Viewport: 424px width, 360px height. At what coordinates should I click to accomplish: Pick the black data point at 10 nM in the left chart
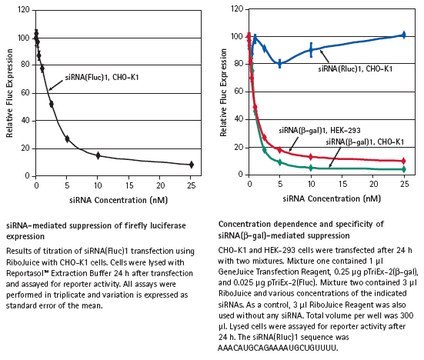pos(98,155)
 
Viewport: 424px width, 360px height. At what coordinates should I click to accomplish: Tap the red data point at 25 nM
pos(403,161)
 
